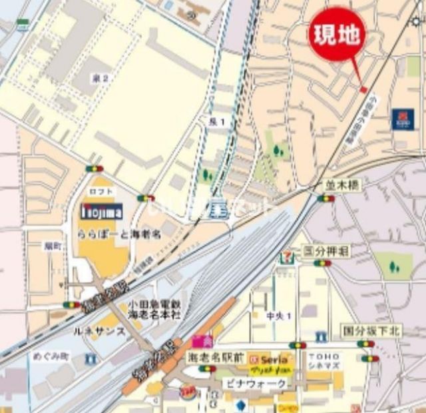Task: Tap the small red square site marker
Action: tap(363, 90)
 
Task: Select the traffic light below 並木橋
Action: tap(325, 198)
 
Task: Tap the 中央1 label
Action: tap(279, 316)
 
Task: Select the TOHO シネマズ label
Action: tap(324, 362)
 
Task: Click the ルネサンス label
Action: tap(102, 331)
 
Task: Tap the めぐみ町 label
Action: tap(51, 356)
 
